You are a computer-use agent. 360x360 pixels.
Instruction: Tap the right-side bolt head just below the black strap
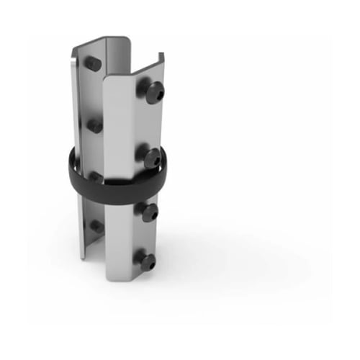point(149,212)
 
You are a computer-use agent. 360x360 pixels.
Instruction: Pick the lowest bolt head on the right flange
point(147,261)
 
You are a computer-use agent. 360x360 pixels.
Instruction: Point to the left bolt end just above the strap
point(94,127)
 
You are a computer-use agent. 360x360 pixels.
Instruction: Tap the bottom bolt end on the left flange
point(95,226)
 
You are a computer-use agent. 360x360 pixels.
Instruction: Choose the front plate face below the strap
point(119,238)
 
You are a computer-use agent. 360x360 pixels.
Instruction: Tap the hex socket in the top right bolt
point(156,92)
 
